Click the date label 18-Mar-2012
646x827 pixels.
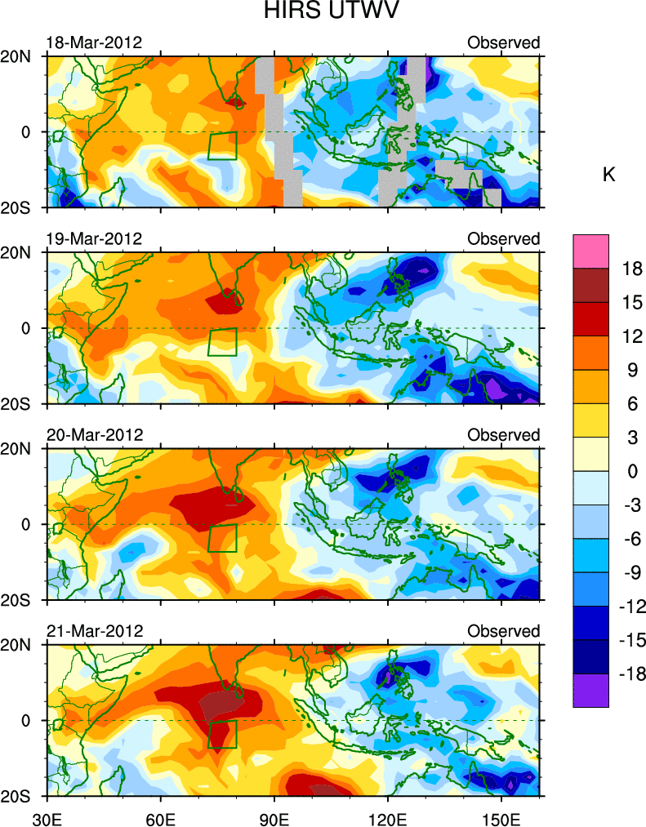point(93,42)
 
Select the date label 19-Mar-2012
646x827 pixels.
point(93,239)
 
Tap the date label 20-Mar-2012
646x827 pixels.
point(93,435)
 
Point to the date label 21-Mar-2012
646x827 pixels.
point(93,631)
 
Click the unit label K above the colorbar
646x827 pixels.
point(608,175)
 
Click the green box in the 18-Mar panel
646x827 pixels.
point(222,145)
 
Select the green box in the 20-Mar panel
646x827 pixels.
point(222,538)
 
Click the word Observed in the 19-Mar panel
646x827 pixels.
point(503,239)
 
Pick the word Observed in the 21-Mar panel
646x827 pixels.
point(503,631)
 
